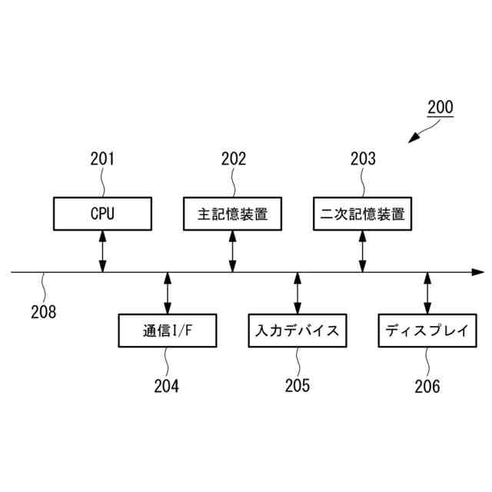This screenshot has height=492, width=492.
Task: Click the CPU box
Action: [x=102, y=213]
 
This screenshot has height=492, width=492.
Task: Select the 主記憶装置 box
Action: [x=232, y=213]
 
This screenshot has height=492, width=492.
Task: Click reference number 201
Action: [x=102, y=159]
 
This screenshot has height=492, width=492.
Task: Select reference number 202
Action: [x=233, y=159]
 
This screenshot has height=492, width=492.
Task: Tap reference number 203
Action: [x=363, y=159]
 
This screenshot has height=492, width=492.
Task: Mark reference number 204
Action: [x=166, y=386]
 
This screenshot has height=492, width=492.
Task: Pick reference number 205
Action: [x=298, y=386]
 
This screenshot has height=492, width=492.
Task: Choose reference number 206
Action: [x=427, y=386]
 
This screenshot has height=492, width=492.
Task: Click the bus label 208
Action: [x=43, y=312]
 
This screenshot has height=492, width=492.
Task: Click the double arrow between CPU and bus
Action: [x=102, y=251]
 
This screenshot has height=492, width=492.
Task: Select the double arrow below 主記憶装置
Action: [x=232, y=251]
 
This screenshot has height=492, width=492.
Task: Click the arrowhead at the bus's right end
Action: [x=477, y=272]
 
